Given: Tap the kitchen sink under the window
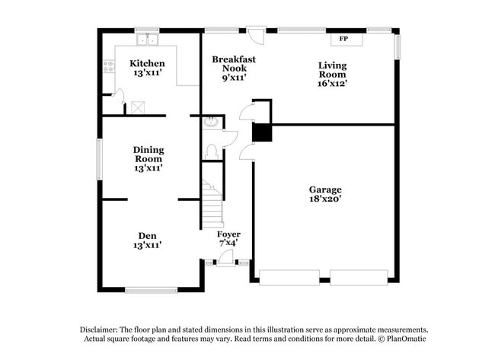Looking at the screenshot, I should [x=146, y=40].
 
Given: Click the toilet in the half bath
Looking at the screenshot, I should [x=212, y=150].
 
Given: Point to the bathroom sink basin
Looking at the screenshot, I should [x=211, y=123].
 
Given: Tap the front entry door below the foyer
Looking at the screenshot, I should [x=226, y=262].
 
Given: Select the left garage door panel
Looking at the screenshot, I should [x=289, y=277].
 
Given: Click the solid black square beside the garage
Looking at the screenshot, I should [x=262, y=132].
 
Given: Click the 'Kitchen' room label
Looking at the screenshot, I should [x=146, y=63].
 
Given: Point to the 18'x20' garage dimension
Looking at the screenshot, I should [x=325, y=199].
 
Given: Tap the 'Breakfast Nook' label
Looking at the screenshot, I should [x=233, y=63].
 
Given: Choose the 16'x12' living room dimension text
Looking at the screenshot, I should [x=332, y=84].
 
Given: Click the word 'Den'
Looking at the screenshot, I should [x=148, y=235].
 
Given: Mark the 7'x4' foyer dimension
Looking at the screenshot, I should [x=228, y=244].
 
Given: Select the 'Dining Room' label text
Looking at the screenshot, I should [x=148, y=155].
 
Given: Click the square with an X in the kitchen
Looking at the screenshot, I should [x=139, y=107].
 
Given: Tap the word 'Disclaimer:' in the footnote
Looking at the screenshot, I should [x=101, y=329].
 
